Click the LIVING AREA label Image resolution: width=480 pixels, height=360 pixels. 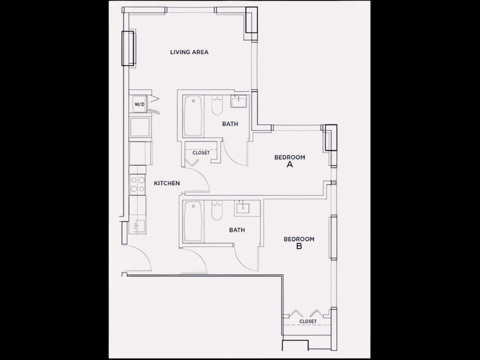point(189,52)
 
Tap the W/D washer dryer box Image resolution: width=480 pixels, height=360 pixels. point(139,104)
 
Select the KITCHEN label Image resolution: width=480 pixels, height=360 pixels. point(167,183)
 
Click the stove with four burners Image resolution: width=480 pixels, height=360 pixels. point(138,185)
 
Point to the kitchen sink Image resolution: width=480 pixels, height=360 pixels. point(139,226)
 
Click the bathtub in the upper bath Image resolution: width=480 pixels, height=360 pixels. point(193,116)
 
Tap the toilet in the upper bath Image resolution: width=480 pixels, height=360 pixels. point(217,105)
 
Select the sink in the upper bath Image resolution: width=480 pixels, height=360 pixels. point(238,102)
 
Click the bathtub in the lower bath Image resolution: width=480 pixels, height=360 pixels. point(193,222)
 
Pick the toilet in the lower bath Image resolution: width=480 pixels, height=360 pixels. point(217,210)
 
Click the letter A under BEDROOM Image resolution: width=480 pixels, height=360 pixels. point(290,164)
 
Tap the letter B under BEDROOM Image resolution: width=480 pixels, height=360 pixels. point(299,246)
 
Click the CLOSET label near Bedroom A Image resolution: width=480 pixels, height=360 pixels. point(201,152)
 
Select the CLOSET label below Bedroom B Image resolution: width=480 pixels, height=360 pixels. point(308,321)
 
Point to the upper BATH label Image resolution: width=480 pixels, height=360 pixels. point(230,124)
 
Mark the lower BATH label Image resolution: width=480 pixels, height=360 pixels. point(237,230)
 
